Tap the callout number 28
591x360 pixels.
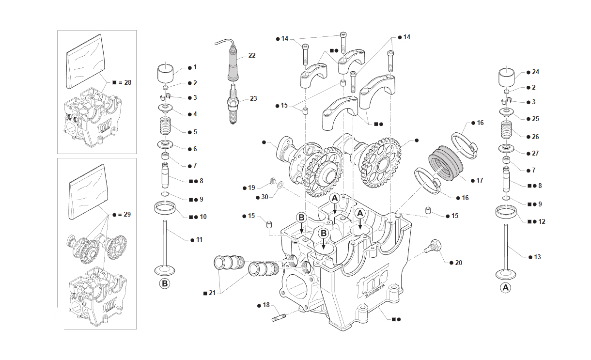(x=127, y=82)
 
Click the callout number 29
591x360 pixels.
(x=127, y=214)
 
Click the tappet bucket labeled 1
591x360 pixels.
(x=166, y=74)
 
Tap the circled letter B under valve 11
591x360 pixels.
(x=165, y=283)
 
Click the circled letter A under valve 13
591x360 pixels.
(x=505, y=288)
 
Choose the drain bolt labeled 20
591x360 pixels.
(x=433, y=246)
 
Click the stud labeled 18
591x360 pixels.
(x=280, y=318)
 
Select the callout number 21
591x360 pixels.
(x=213, y=292)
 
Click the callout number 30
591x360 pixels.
(x=264, y=197)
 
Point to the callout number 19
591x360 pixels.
(x=251, y=188)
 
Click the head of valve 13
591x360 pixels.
(x=506, y=273)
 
